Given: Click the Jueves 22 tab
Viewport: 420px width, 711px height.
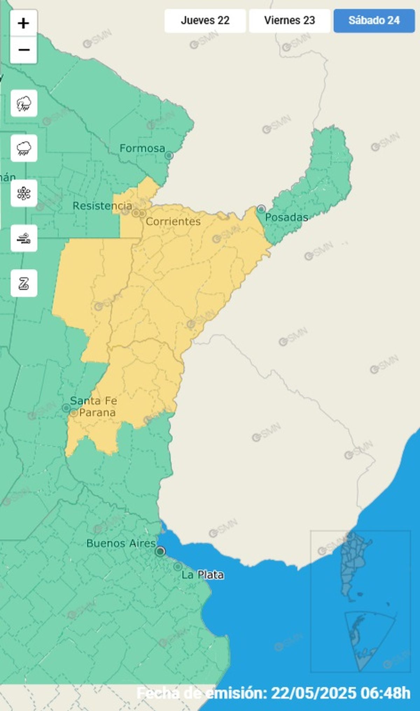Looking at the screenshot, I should (x=205, y=20).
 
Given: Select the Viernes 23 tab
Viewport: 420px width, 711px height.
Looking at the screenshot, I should (x=289, y=20).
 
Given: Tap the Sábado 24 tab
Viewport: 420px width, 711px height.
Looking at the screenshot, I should (x=374, y=20).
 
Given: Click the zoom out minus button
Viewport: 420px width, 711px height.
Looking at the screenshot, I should (x=23, y=50).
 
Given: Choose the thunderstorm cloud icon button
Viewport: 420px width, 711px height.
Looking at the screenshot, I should (x=24, y=103).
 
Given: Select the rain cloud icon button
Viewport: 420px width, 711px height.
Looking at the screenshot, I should (x=24, y=148).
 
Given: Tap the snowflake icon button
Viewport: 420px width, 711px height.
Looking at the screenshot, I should (x=24, y=193).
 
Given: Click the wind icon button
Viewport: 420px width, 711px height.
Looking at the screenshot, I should (x=24, y=238).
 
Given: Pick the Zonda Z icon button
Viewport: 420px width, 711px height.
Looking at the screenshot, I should (x=24, y=283).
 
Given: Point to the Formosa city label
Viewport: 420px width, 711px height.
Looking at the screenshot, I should (x=142, y=148).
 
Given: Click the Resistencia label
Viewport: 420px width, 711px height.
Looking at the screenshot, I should (x=102, y=206).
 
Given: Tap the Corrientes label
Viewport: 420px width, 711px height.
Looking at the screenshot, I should (x=173, y=221).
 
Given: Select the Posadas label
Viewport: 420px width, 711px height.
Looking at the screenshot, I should (x=286, y=217).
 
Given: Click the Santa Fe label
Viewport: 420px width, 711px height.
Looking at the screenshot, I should (x=93, y=401).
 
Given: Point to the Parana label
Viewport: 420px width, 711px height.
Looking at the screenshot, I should (x=97, y=412).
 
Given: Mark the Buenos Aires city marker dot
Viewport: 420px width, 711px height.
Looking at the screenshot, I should (x=160, y=552).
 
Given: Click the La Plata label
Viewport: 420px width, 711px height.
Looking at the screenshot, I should (x=203, y=575).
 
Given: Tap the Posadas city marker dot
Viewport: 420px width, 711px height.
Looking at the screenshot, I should (x=261, y=209).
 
